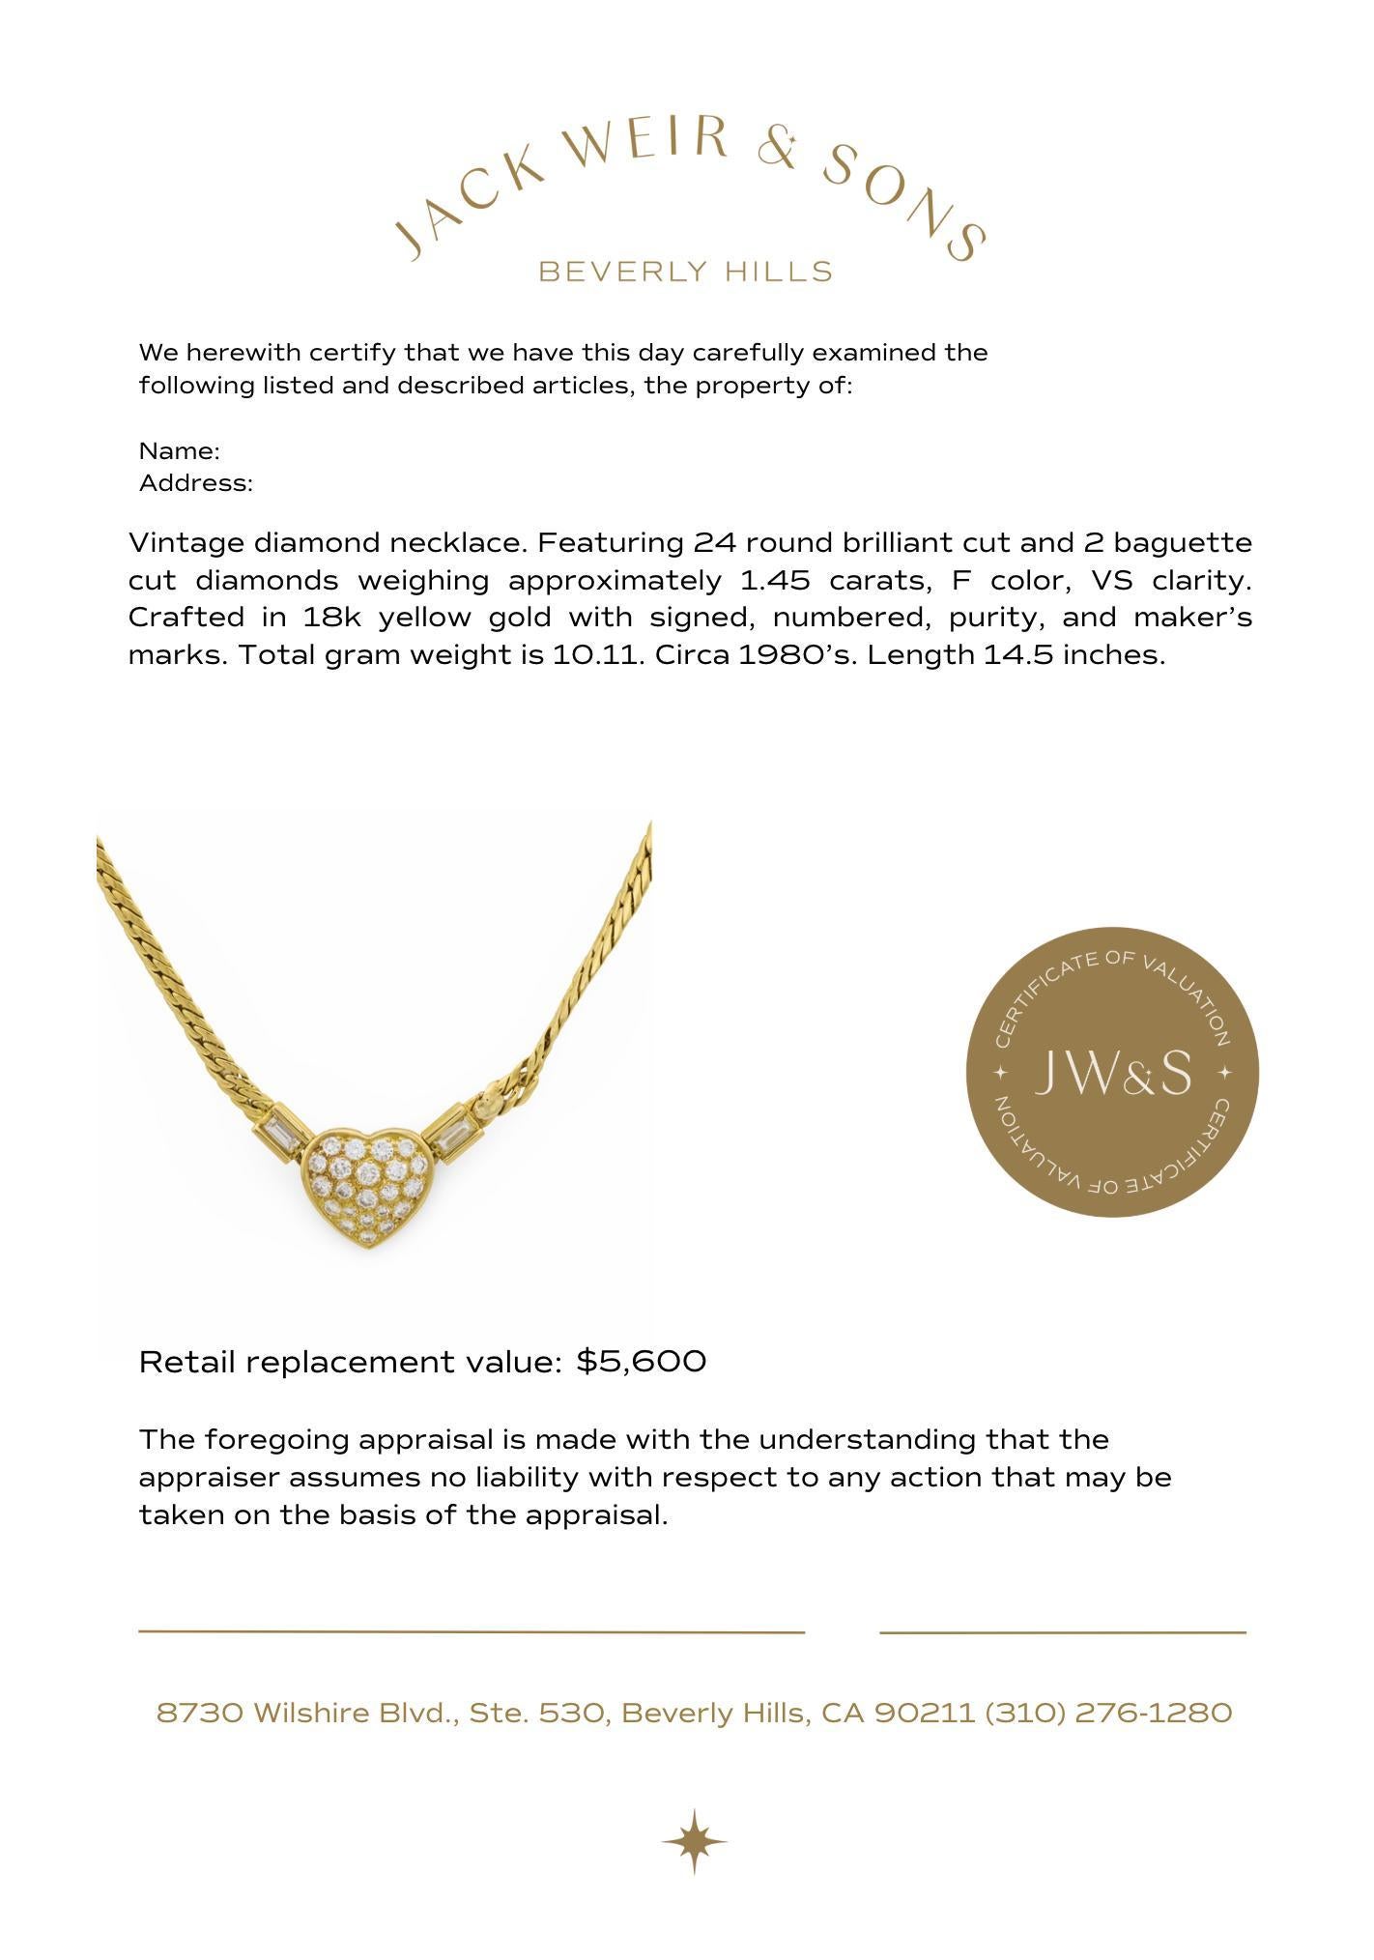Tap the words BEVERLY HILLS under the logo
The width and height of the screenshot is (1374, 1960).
[x=685, y=272]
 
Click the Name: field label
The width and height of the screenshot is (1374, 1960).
[x=180, y=451]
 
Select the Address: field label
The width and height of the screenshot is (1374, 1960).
[x=196, y=483]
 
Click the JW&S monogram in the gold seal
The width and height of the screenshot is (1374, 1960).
[x=1112, y=1073]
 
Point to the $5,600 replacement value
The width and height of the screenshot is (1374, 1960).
[x=642, y=1362]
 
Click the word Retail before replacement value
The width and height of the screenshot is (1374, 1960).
[x=186, y=1362]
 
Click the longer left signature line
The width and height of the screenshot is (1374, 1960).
[x=472, y=1631]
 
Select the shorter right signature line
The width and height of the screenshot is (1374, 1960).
[x=1063, y=1632]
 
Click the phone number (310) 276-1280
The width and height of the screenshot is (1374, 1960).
[x=1108, y=1714]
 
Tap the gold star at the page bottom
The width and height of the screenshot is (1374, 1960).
[x=694, y=1842]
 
